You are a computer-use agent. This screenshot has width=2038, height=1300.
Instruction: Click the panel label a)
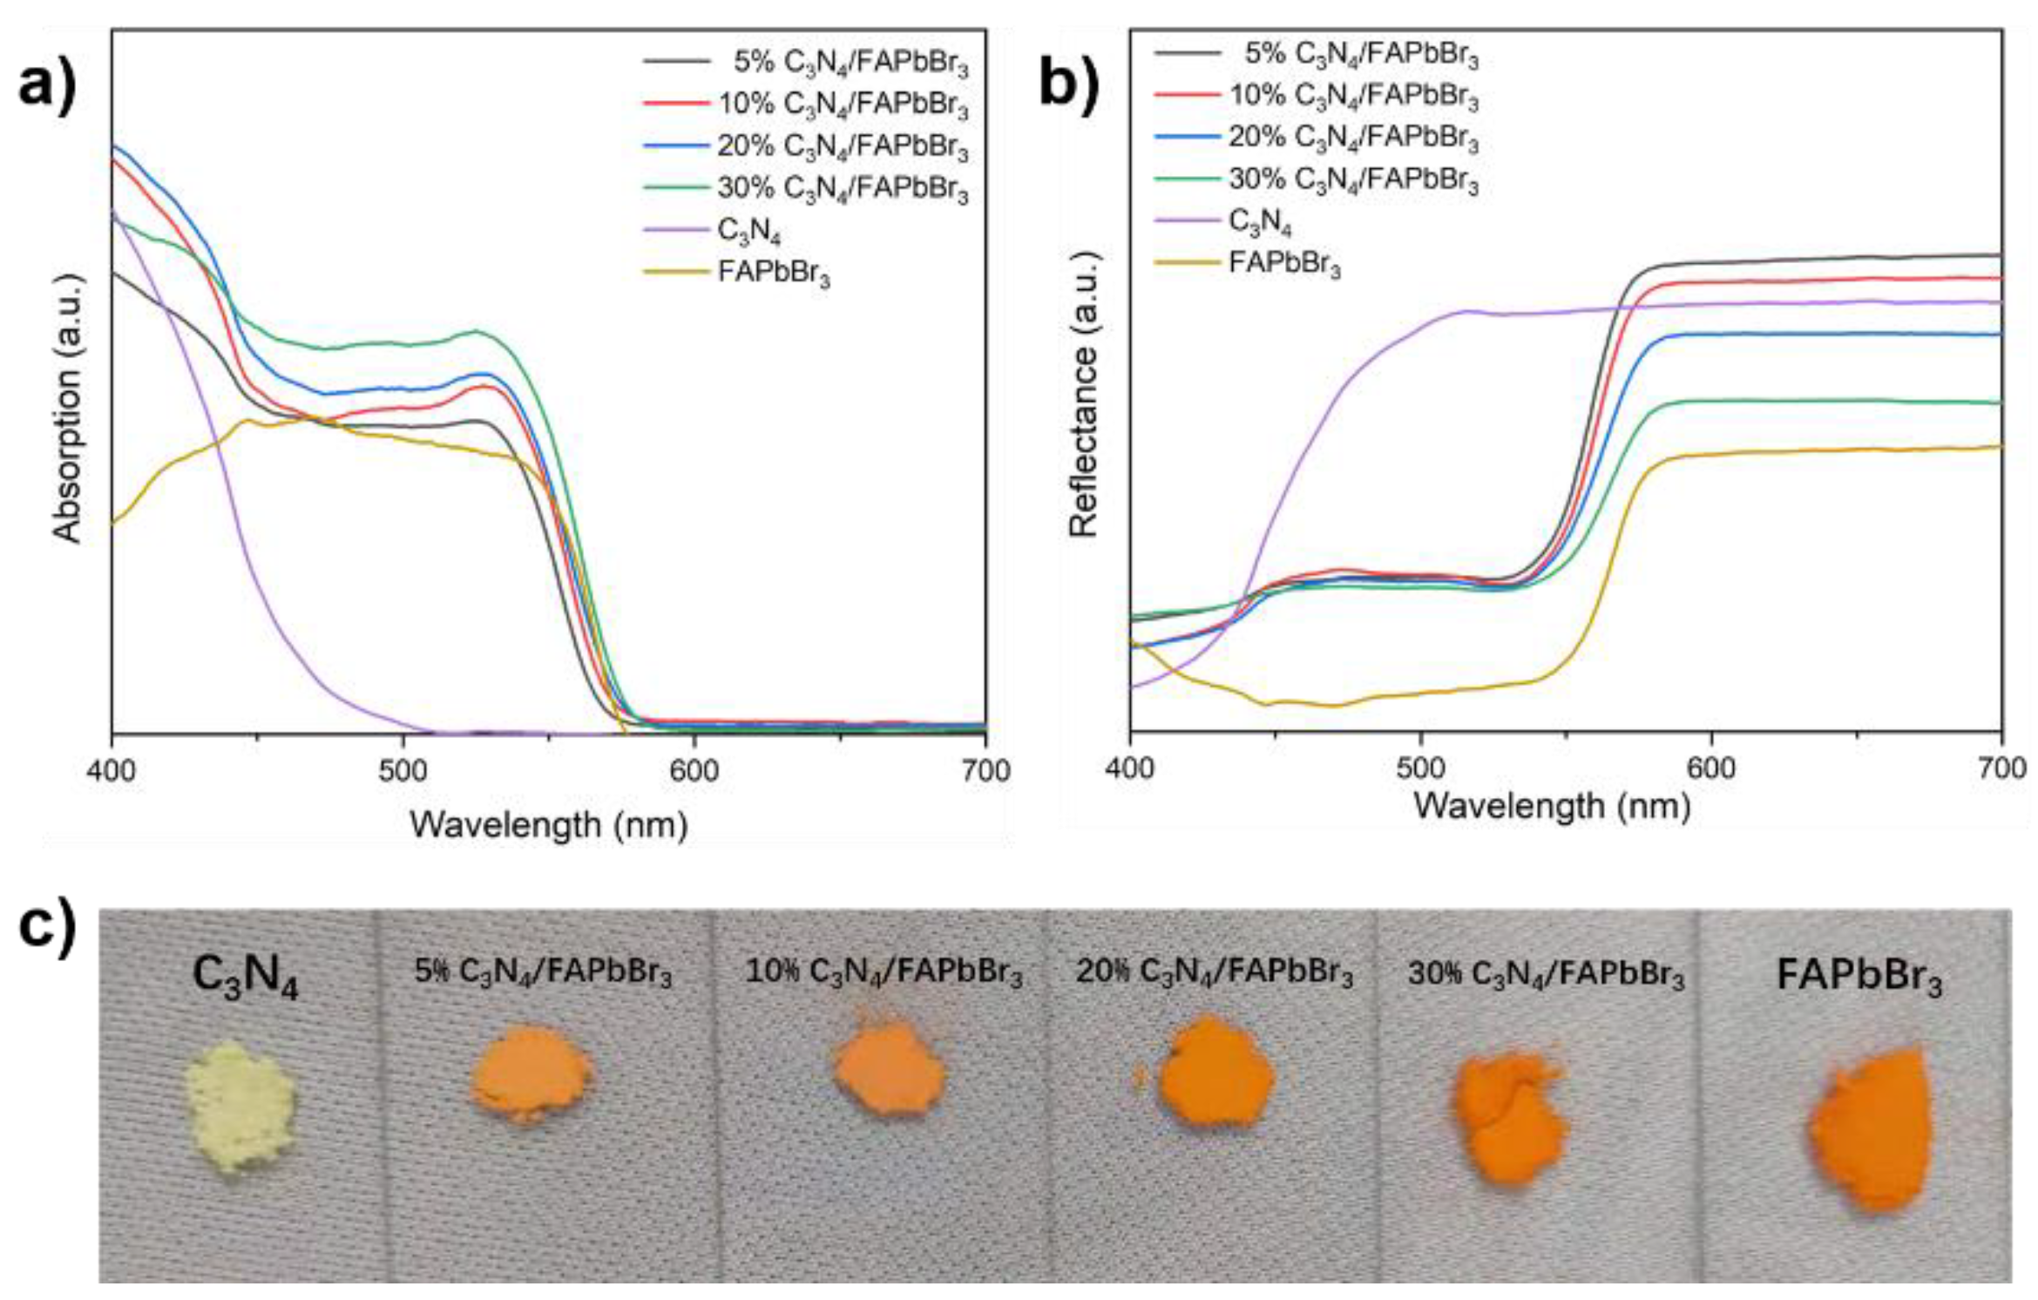48,85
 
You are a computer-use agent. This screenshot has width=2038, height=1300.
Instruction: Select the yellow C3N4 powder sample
240,1107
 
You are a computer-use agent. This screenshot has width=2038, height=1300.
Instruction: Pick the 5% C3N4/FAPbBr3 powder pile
530,1073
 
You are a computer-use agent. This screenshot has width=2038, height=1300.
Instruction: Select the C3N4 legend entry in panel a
748,231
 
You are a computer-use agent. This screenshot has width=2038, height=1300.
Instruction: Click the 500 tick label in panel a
403,771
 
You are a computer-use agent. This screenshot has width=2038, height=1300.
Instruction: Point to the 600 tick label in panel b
1711,768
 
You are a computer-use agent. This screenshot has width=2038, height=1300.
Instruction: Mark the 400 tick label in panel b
1130,768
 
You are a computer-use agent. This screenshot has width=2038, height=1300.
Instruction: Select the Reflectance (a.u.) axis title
1083,394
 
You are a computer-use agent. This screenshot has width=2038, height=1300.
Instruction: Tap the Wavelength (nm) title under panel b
1552,806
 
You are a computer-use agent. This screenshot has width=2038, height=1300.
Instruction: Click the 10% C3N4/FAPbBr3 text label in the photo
884,972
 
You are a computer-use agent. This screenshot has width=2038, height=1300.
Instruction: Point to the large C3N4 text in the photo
245,975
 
